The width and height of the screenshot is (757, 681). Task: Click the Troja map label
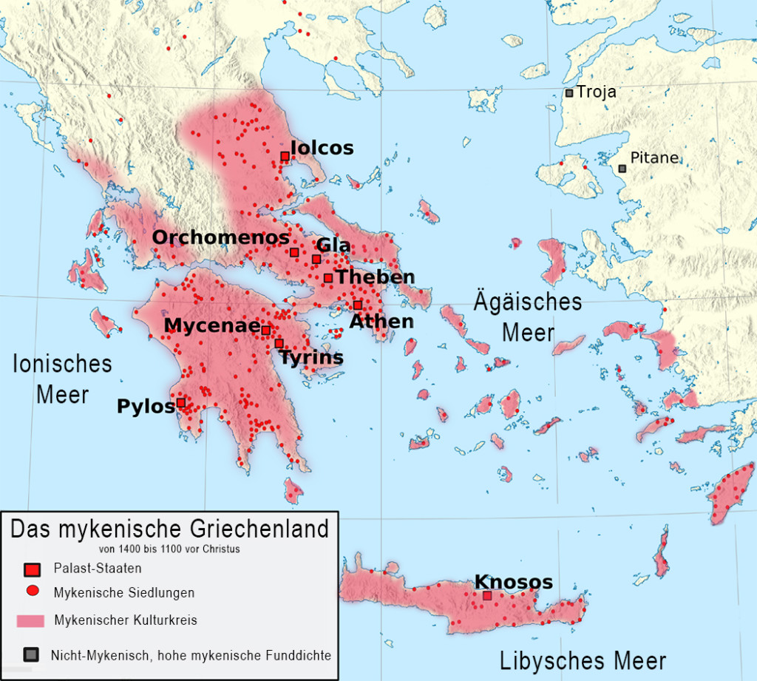(596, 92)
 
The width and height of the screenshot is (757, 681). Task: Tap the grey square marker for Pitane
(622, 169)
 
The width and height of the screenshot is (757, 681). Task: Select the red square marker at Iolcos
(285, 156)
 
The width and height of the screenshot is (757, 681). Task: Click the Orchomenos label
(220, 237)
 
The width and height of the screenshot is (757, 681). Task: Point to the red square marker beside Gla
(316, 259)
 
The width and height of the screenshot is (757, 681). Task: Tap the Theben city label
(375, 277)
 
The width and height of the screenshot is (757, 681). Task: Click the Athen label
(381, 321)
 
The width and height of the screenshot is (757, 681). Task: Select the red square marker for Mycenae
(266, 330)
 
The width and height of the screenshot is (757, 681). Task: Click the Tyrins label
(310, 358)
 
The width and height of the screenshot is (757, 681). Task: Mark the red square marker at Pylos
(180, 402)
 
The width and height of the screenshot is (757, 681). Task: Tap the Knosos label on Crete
(513, 582)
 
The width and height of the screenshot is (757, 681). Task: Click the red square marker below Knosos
(487, 595)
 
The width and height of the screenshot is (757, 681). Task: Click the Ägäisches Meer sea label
(528, 317)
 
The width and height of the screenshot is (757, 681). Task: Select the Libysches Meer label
(583, 660)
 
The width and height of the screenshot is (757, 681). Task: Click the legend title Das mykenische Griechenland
(169, 529)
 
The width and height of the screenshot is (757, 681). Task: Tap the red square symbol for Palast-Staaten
(31, 569)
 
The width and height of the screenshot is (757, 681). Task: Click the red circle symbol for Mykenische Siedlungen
(31, 592)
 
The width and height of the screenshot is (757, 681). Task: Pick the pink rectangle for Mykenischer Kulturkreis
(31, 620)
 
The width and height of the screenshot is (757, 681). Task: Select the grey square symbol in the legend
(31, 654)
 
